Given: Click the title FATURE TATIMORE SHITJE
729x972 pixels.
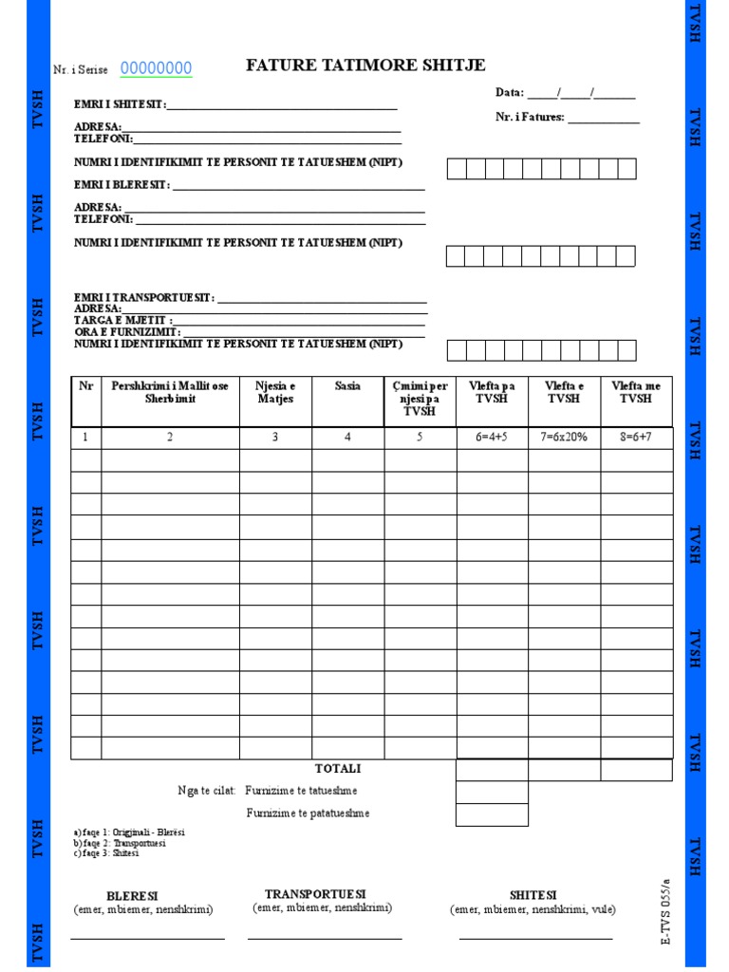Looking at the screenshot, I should point(365,65).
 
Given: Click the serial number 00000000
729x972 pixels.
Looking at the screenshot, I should point(156,68).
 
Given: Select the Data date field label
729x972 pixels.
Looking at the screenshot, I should point(510,93).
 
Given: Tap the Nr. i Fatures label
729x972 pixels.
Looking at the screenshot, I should point(530,118).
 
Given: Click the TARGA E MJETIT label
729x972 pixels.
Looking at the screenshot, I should point(123,321).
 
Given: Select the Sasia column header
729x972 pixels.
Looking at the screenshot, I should point(347,386).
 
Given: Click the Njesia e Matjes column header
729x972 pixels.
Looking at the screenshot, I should point(275,392).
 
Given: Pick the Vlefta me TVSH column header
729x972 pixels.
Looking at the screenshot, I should point(636,392).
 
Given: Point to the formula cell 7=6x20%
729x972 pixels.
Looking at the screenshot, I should point(564,438).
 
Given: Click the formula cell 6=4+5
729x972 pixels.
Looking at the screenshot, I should point(492,438).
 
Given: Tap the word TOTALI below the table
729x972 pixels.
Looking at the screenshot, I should point(338,768).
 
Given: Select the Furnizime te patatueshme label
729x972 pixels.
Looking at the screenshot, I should point(308,813).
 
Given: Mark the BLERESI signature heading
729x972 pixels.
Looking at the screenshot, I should point(132,896).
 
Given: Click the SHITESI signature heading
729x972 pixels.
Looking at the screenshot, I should point(533,895).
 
